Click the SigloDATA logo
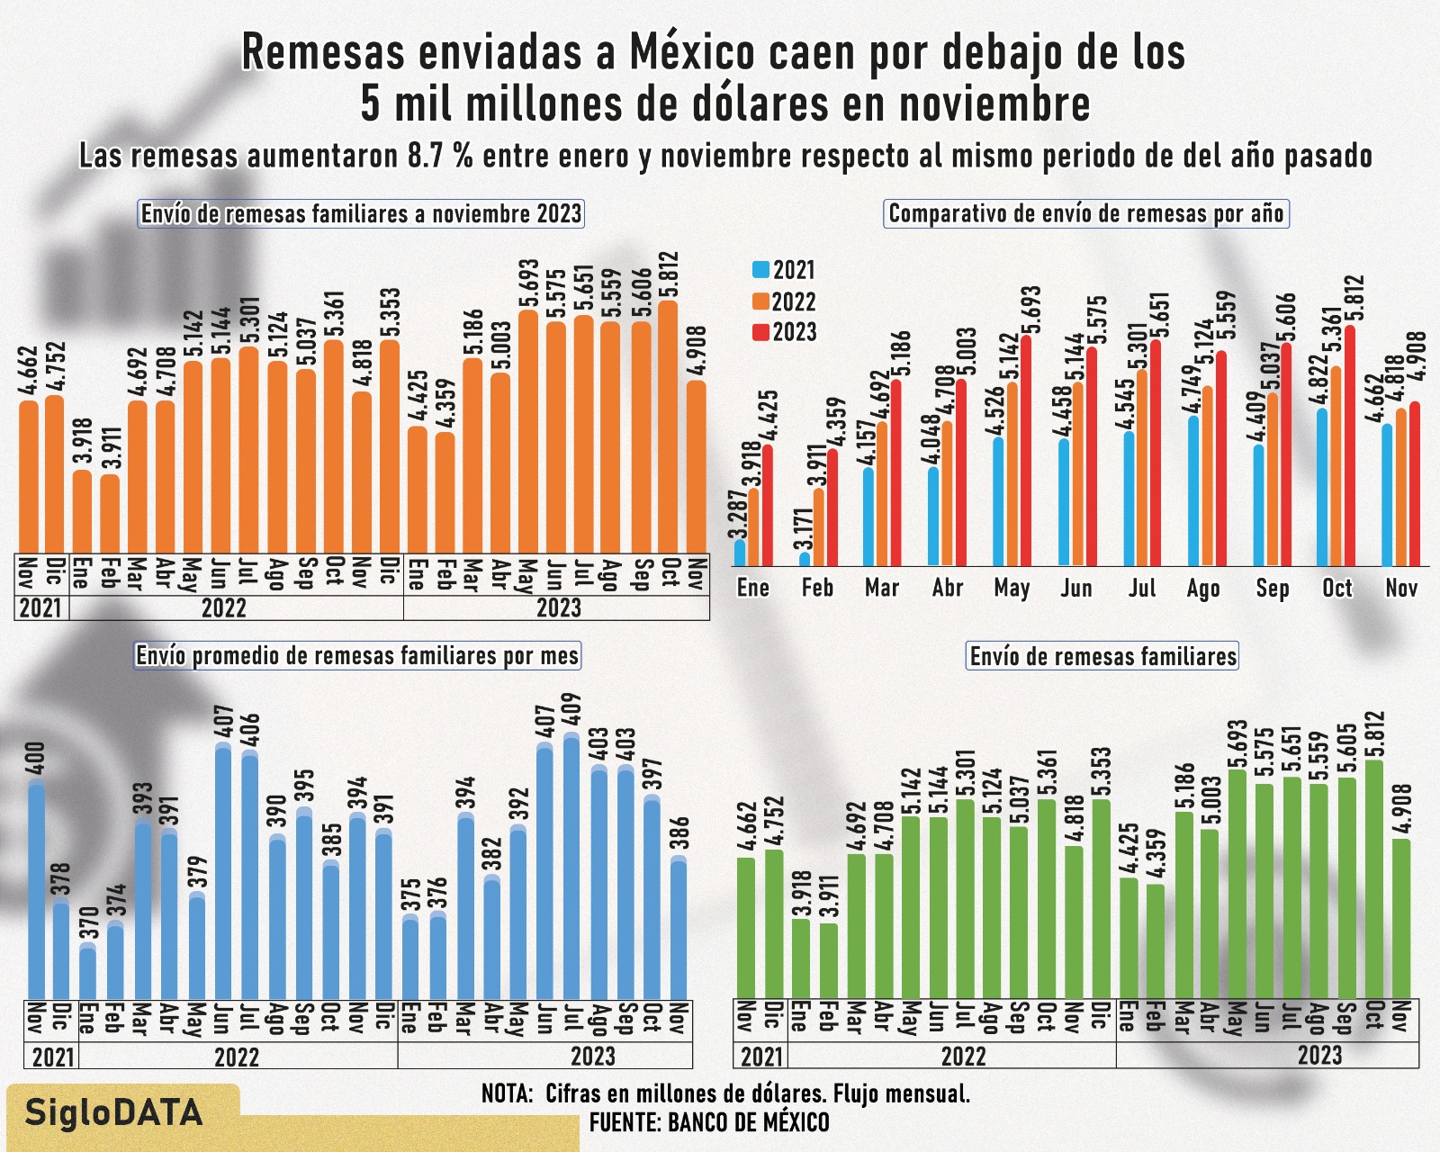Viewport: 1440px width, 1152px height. (113, 1113)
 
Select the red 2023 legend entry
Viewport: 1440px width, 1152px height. (783, 332)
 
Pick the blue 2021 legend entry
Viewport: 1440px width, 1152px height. (783, 270)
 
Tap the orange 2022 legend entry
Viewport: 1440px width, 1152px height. (783, 301)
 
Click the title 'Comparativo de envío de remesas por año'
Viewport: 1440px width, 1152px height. (1086, 214)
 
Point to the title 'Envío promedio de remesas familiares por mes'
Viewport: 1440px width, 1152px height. (357, 655)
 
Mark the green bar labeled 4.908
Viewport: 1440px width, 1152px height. (1401, 918)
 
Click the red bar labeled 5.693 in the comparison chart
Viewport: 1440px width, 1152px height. (1026, 450)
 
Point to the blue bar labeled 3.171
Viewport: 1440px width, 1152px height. (805, 560)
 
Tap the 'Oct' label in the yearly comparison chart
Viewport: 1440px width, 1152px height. (1336, 589)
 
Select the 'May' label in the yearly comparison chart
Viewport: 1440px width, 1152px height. (1012, 589)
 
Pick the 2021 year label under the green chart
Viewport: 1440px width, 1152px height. (761, 1055)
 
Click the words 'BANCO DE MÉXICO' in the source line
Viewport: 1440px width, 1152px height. (748, 1122)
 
